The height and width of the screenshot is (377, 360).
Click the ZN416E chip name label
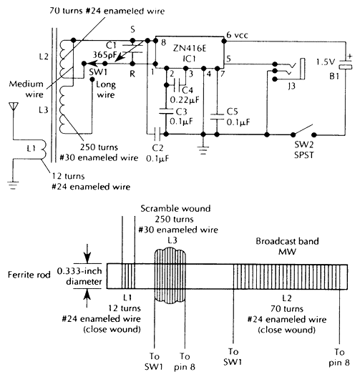point(190,49)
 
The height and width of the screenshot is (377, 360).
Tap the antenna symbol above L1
point(14,107)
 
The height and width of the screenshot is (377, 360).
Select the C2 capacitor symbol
point(157,134)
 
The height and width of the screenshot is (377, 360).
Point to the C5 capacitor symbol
point(217,117)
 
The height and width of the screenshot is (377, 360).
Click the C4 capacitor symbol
point(176,85)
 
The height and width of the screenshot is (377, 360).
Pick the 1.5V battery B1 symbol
point(346,64)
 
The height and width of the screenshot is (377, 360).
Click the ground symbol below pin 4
point(203,150)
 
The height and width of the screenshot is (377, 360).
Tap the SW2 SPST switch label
point(304,150)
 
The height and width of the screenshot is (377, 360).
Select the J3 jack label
point(292,85)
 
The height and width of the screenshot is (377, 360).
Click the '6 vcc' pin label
point(237,35)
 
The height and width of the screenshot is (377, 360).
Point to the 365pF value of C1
point(104,55)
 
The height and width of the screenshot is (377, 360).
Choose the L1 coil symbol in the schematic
point(43,150)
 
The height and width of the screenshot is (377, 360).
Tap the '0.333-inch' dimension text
point(79,271)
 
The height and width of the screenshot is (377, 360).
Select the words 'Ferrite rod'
point(29,275)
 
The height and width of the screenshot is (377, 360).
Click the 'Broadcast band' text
point(287,241)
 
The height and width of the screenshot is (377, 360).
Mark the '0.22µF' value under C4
point(185,99)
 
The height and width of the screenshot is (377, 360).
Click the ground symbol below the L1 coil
point(13,185)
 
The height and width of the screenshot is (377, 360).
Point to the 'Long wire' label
point(106,89)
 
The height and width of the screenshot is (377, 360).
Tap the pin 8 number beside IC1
point(163,43)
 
